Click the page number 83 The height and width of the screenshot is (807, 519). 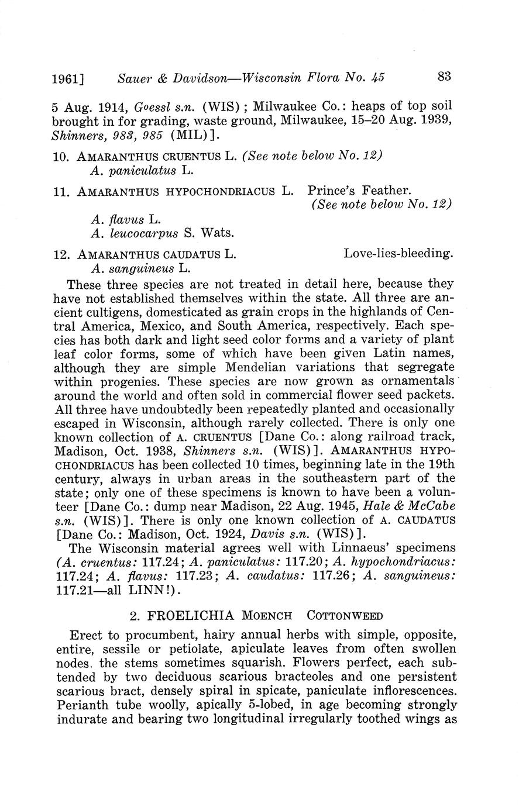click(x=444, y=76)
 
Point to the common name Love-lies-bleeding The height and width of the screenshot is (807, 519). click(x=398, y=254)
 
